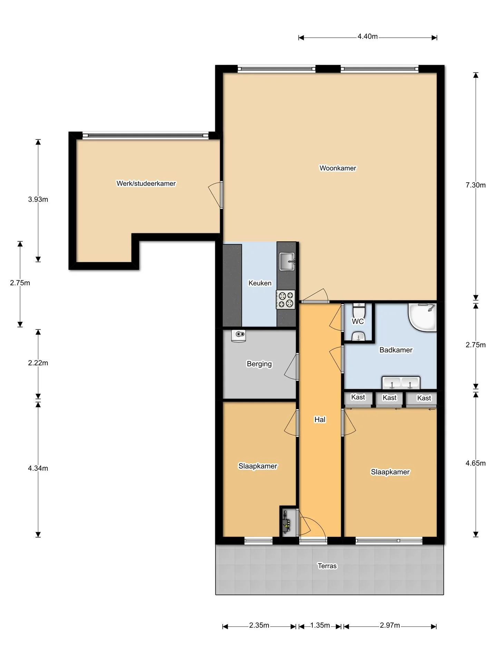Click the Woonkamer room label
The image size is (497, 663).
coord(338,168)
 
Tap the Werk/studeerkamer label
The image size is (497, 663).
coord(146,183)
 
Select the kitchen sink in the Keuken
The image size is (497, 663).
coord(287,261)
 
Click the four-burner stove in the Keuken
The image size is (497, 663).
coord(285,299)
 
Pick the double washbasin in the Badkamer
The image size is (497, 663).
coord(401,383)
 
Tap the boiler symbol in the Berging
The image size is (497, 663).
coord(238,336)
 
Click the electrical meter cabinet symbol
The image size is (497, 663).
coord(286,522)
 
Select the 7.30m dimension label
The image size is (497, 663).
coord(476,185)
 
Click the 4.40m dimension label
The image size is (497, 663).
coord(368,37)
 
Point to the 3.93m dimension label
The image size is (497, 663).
coord(38,199)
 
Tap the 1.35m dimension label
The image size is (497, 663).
coord(320,625)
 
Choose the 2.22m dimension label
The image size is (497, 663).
coord(38,363)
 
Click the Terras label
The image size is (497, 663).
coord(327,566)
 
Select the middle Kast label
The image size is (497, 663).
coord(390,398)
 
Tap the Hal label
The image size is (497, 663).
coord(320,420)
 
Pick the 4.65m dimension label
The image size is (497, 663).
coord(476,463)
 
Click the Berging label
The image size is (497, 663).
coord(259,364)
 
